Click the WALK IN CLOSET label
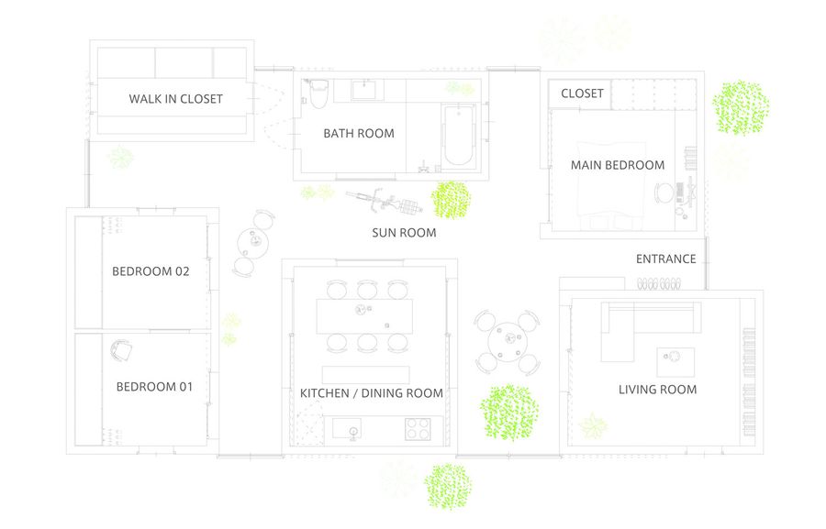tap(176, 99)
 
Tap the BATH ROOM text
tap(359, 134)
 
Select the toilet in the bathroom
tap(318, 94)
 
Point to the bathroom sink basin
tap(364, 90)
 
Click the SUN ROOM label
tap(404, 233)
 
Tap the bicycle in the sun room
tap(384, 202)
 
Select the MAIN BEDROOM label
tap(618, 165)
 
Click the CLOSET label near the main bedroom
tap(582, 94)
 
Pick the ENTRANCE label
tap(666, 259)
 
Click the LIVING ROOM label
tap(657, 390)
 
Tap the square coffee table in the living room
tap(675, 362)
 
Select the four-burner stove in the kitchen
tap(418, 428)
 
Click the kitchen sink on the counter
tap(347, 429)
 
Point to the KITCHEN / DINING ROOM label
tap(372, 393)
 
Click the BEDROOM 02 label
tap(151, 271)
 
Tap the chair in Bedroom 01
tap(121, 350)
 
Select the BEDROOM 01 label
tap(154, 387)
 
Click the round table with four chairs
tap(508, 342)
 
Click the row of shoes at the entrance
tap(659, 284)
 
